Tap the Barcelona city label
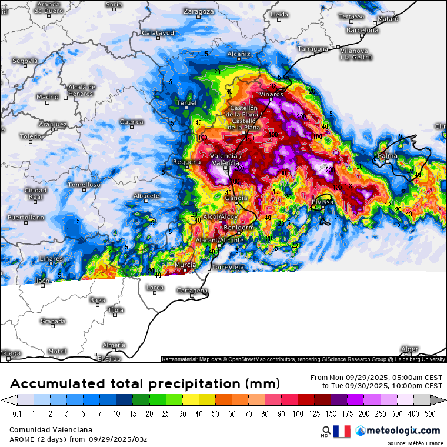362,30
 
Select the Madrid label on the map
48,97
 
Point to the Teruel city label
186,103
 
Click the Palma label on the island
388,156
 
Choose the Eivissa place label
323,202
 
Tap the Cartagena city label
192,291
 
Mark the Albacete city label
146,196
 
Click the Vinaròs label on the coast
272,94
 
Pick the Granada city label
53,321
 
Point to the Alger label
409,349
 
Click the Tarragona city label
313,49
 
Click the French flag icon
342,431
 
